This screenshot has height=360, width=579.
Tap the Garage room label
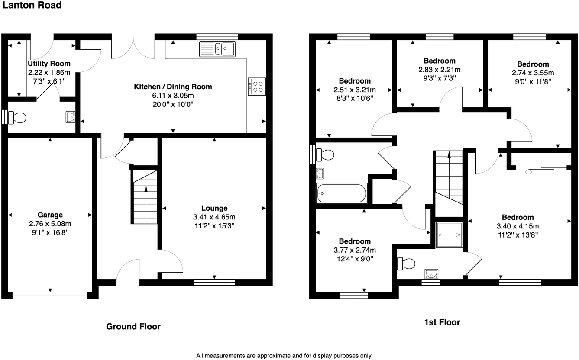coord(50,215)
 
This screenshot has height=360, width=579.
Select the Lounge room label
coord(214,208)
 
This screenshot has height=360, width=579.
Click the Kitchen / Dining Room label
coord(173,87)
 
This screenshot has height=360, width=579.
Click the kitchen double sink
coord(217,48)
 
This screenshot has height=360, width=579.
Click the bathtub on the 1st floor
coord(342,193)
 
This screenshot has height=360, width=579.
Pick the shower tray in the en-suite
coord(450,235)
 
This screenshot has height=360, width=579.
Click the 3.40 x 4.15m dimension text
coord(518,226)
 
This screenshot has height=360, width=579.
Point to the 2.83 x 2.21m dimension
coord(440,69)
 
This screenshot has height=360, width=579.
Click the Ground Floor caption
coord(133,327)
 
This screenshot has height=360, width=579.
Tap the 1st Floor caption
coord(442,322)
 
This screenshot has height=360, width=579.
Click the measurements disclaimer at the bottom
coord(284,356)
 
